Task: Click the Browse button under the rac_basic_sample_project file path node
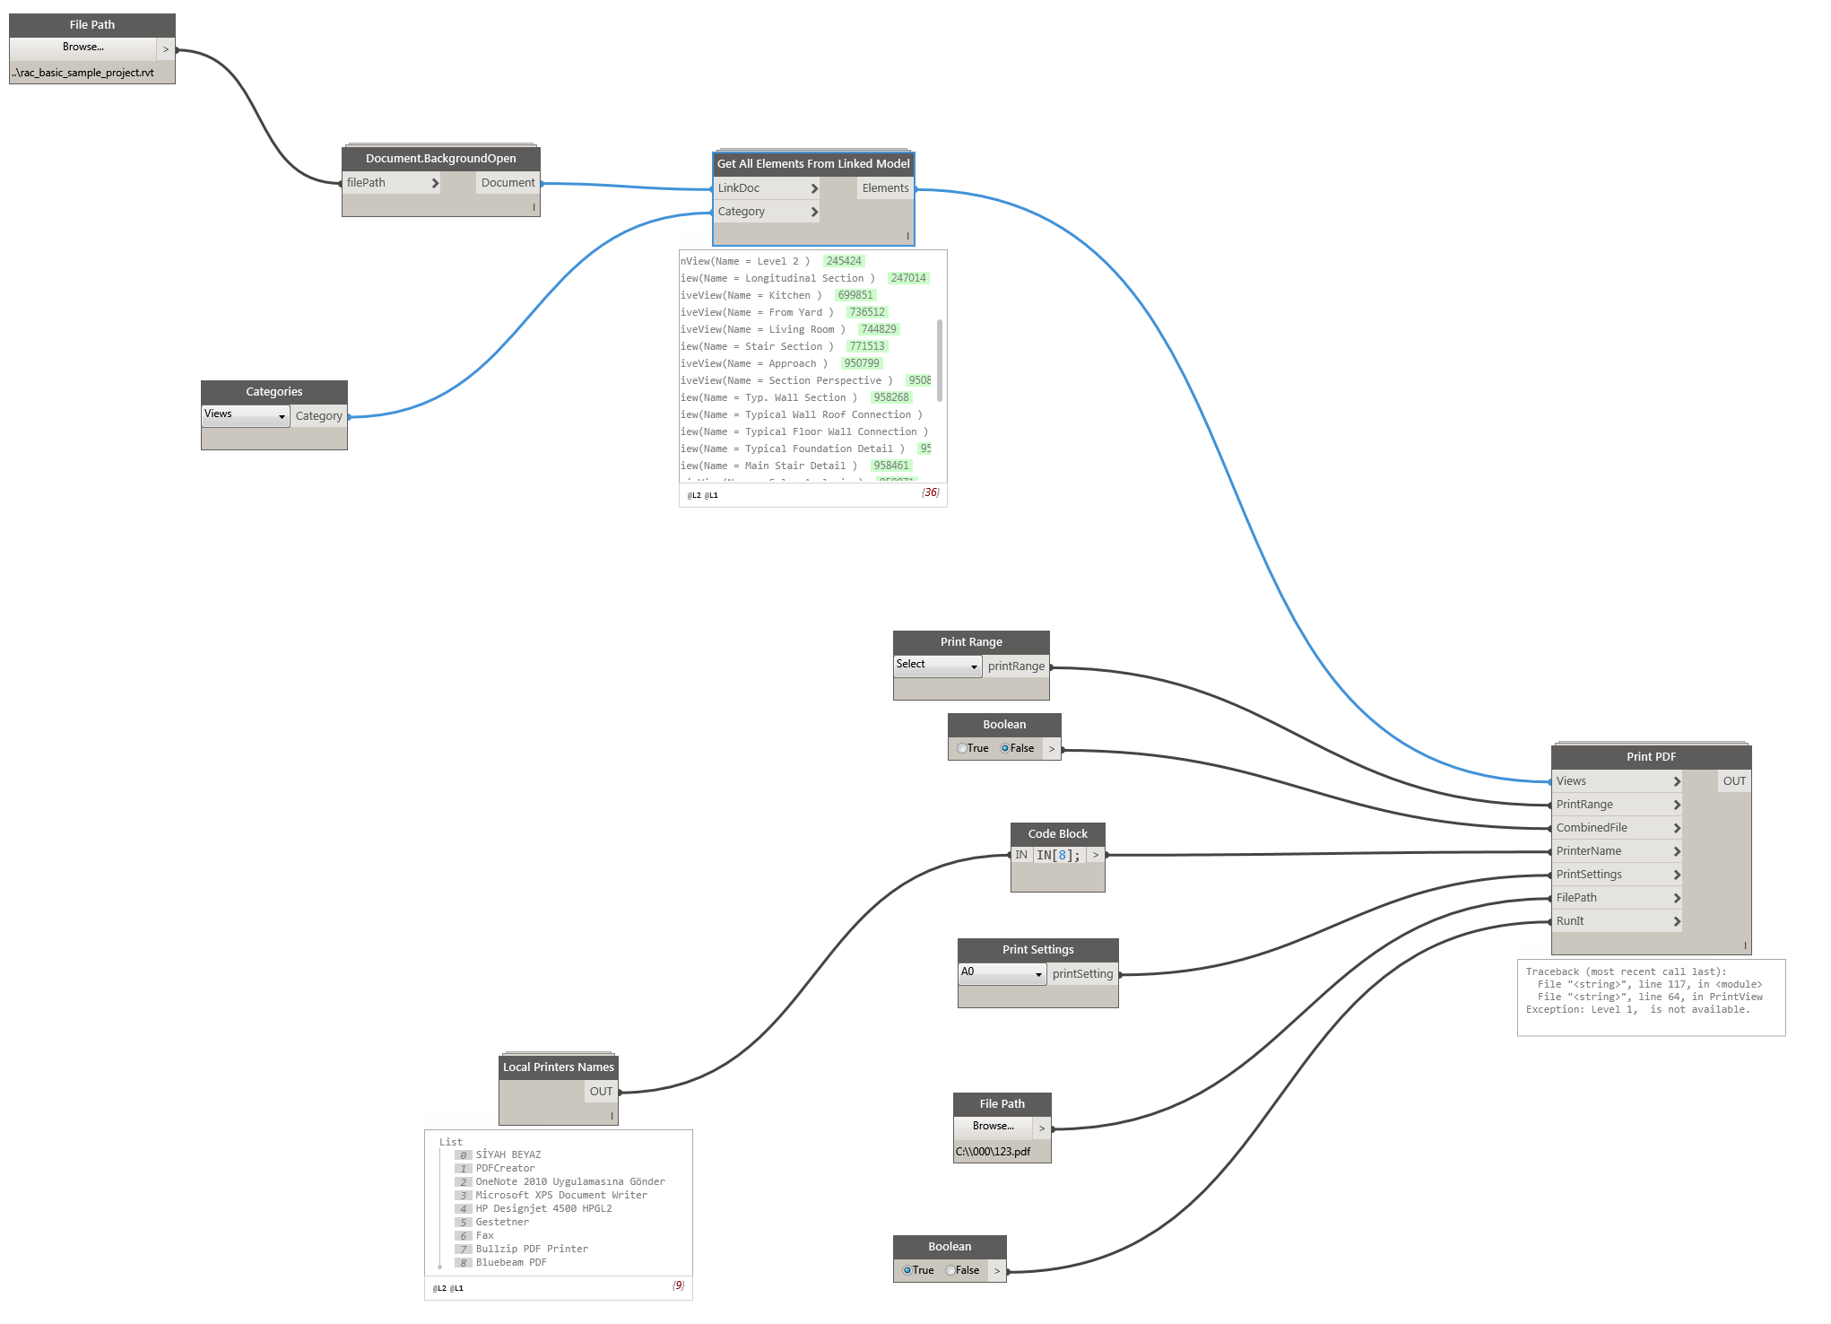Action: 82,48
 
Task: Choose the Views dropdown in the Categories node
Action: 245,414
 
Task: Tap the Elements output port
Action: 885,188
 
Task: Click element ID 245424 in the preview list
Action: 843,261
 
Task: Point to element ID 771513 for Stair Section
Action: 867,346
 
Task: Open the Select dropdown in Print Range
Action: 937,665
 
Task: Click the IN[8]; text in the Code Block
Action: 1058,856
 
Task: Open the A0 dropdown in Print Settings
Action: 1002,972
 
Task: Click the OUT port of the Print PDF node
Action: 1734,781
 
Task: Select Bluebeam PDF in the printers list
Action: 510,1263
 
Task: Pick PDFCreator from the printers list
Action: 505,1169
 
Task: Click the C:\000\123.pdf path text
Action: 993,1152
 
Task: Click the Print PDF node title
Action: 1651,757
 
